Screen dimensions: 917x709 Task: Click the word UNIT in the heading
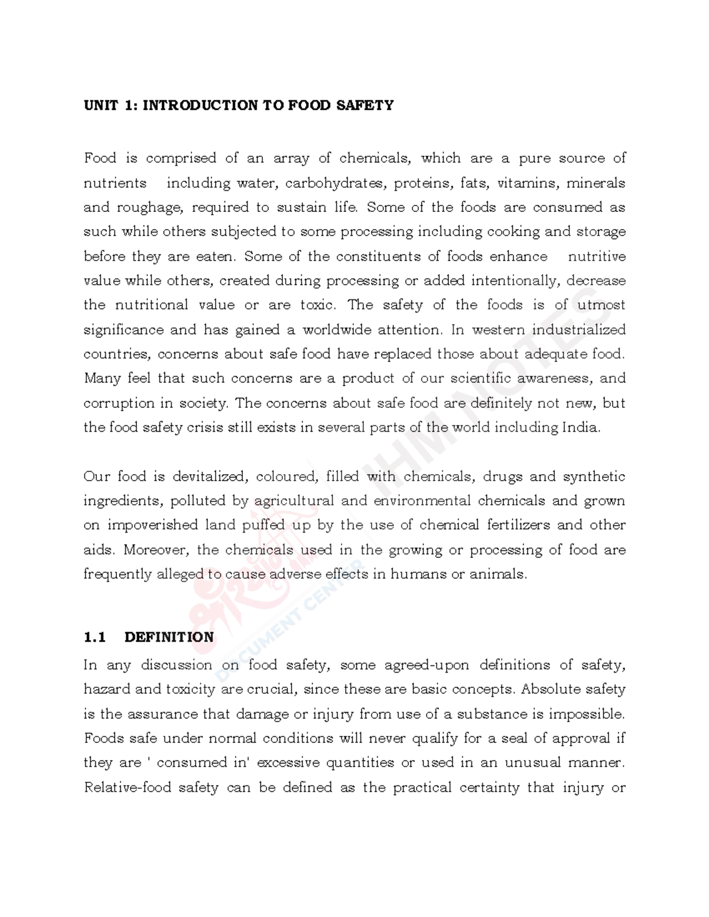100,106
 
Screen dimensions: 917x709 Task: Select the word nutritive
596,256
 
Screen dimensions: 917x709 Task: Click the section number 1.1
95,637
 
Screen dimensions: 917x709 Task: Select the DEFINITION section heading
169,637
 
